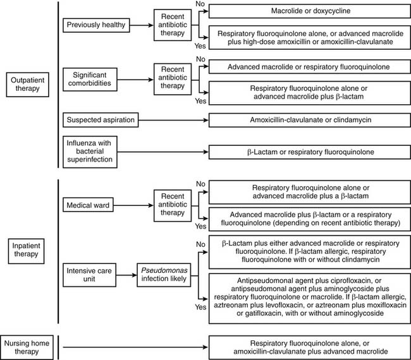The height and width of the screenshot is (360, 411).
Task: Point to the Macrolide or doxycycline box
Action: pos(309,11)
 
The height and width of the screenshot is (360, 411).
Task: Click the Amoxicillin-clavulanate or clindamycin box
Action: pos(309,119)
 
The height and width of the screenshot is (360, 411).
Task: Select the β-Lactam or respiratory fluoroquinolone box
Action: pos(309,152)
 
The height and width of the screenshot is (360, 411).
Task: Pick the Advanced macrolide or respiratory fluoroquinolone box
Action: pos(309,66)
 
